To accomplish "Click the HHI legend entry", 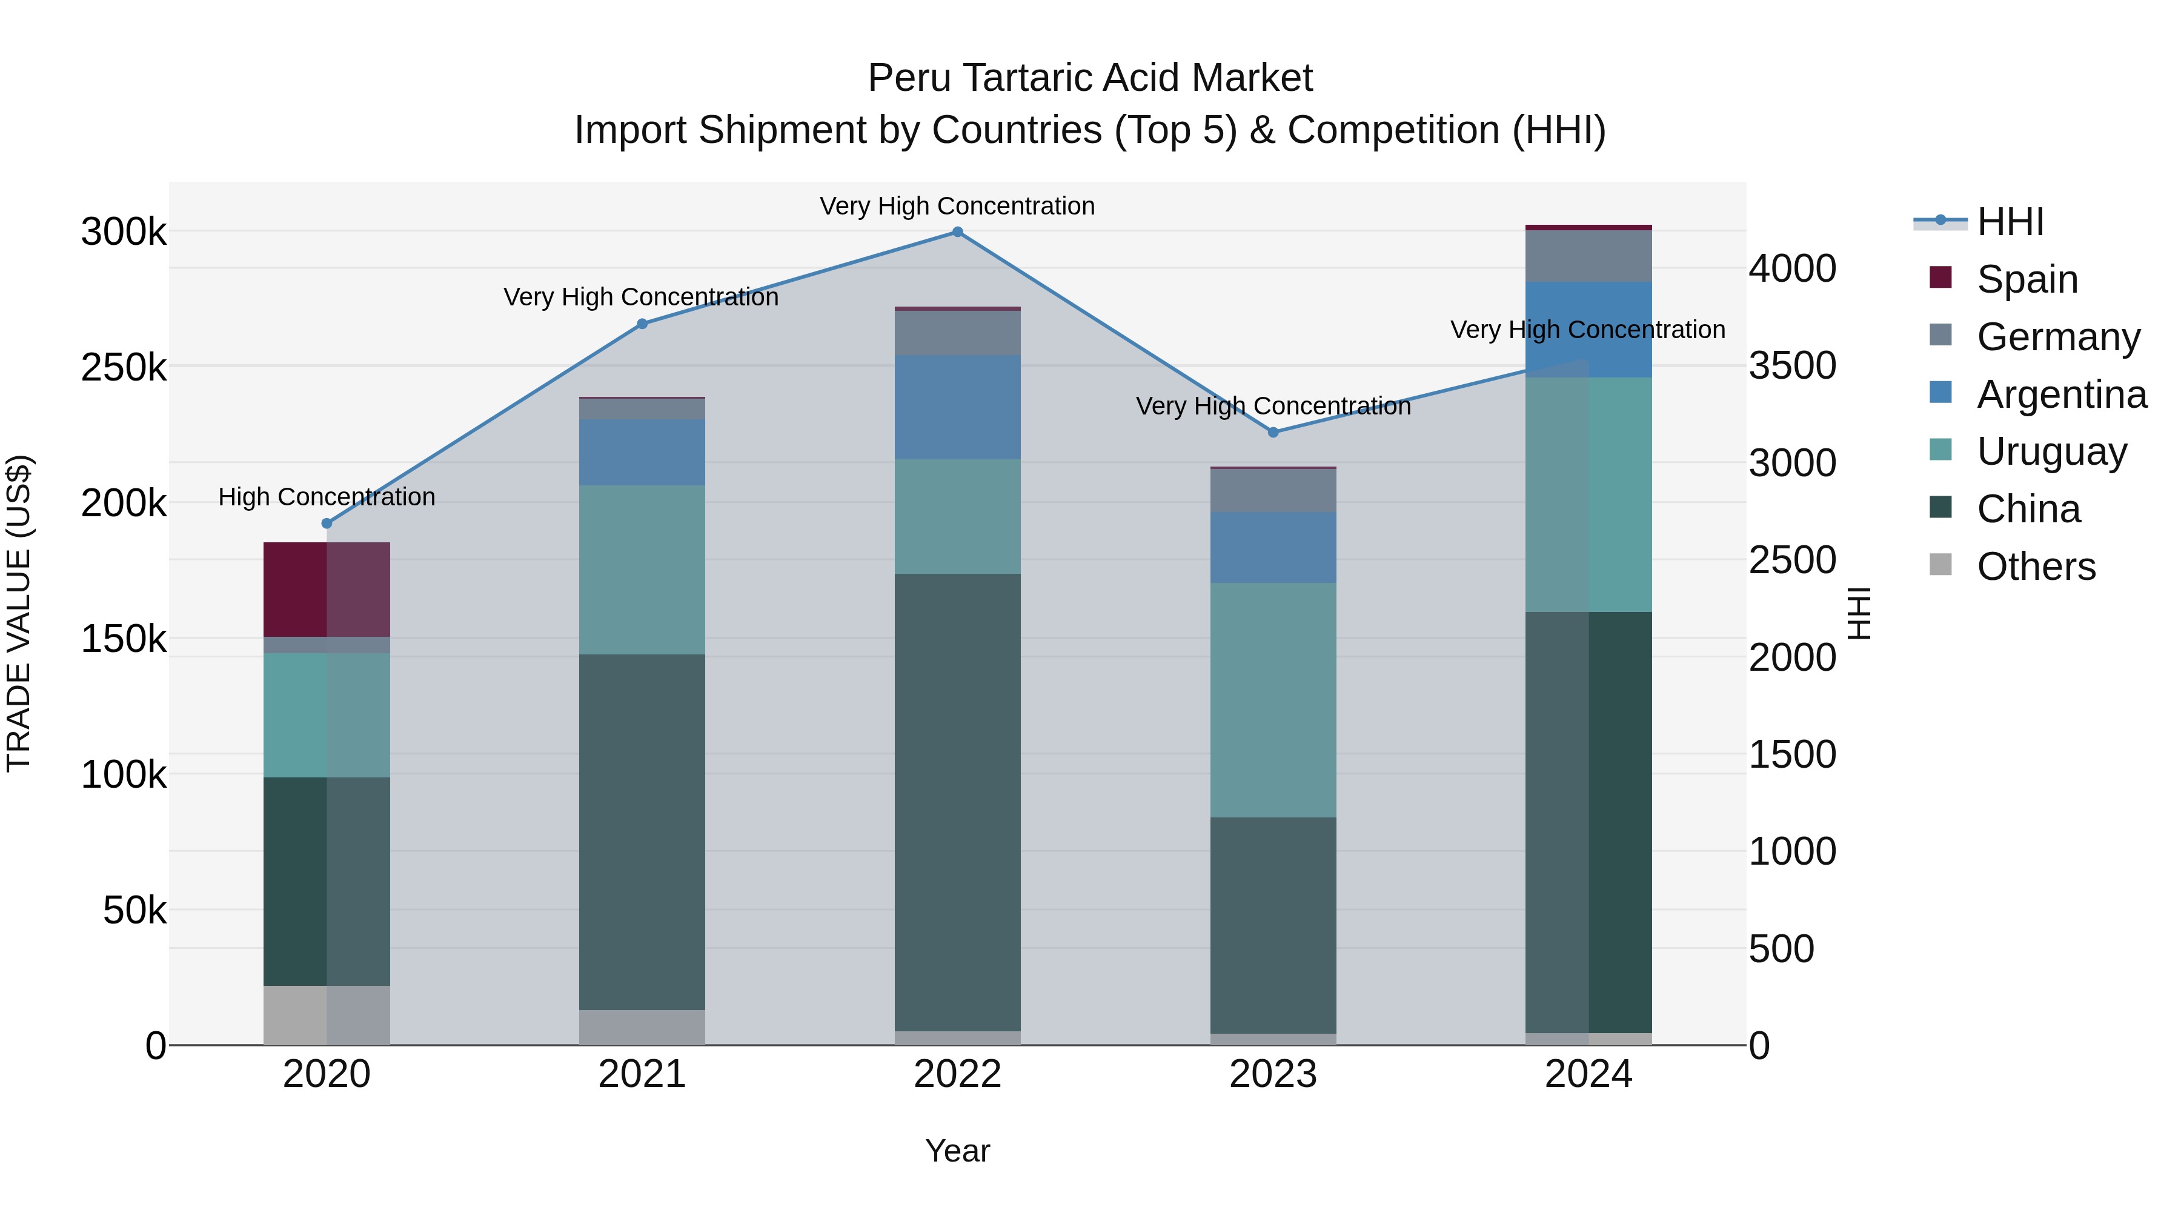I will coord(2010,222).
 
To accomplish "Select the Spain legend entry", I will coord(2027,279).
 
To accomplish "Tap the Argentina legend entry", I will coord(2062,394).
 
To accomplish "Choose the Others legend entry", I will coord(2036,567).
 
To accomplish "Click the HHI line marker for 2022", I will coord(958,232).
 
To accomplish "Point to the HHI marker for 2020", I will coord(327,524).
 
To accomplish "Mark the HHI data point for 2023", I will coord(1273,432).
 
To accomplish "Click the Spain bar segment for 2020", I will coord(327,590).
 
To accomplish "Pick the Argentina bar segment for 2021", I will coord(642,452).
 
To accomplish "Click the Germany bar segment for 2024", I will coord(1588,256).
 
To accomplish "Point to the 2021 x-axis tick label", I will coord(642,1074).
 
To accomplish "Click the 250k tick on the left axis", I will coord(124,368).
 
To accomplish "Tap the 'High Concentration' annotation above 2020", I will coord(327,497).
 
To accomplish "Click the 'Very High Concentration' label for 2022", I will coord(958,206).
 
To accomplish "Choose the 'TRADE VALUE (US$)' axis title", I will coord(19,613).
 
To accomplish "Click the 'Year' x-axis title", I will coord(958,1151).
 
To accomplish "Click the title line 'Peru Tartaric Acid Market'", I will coord(1090,78).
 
